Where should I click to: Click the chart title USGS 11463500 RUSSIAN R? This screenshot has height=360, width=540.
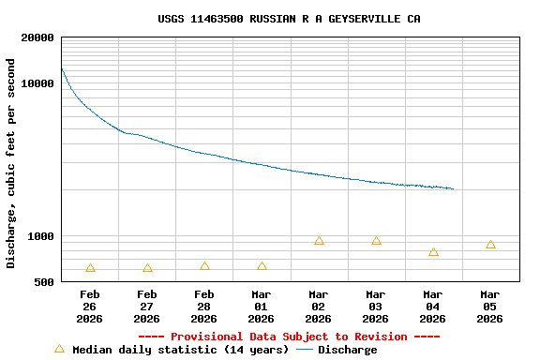click(289, 19)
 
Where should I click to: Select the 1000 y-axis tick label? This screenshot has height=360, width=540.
click(40, 237)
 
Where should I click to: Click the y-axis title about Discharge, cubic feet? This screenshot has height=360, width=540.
click(11, 164)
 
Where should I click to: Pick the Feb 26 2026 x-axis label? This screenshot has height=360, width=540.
click(90, 307)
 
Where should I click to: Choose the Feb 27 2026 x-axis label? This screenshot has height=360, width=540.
click(147, 307)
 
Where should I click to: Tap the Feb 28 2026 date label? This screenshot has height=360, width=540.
click(204, 307)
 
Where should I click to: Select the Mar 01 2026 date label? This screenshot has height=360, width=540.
click(262, 307)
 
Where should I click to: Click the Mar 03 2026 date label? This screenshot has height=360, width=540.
click(376, 307)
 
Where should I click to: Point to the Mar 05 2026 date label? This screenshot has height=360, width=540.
click(490, 307)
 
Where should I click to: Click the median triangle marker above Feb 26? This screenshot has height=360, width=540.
click(90, 268)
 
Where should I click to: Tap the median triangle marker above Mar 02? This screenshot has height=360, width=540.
click(319, 241)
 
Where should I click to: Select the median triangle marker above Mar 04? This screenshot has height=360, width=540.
click(433, 252)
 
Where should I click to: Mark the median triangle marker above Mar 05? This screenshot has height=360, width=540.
click(490, 245)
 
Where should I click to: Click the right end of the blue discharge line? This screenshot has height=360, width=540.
click(454, 189)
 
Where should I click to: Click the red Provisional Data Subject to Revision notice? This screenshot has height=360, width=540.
click(289, 337)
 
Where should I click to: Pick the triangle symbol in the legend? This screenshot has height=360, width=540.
click(59, 349)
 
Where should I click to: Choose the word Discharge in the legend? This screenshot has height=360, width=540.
click(347, 350)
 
